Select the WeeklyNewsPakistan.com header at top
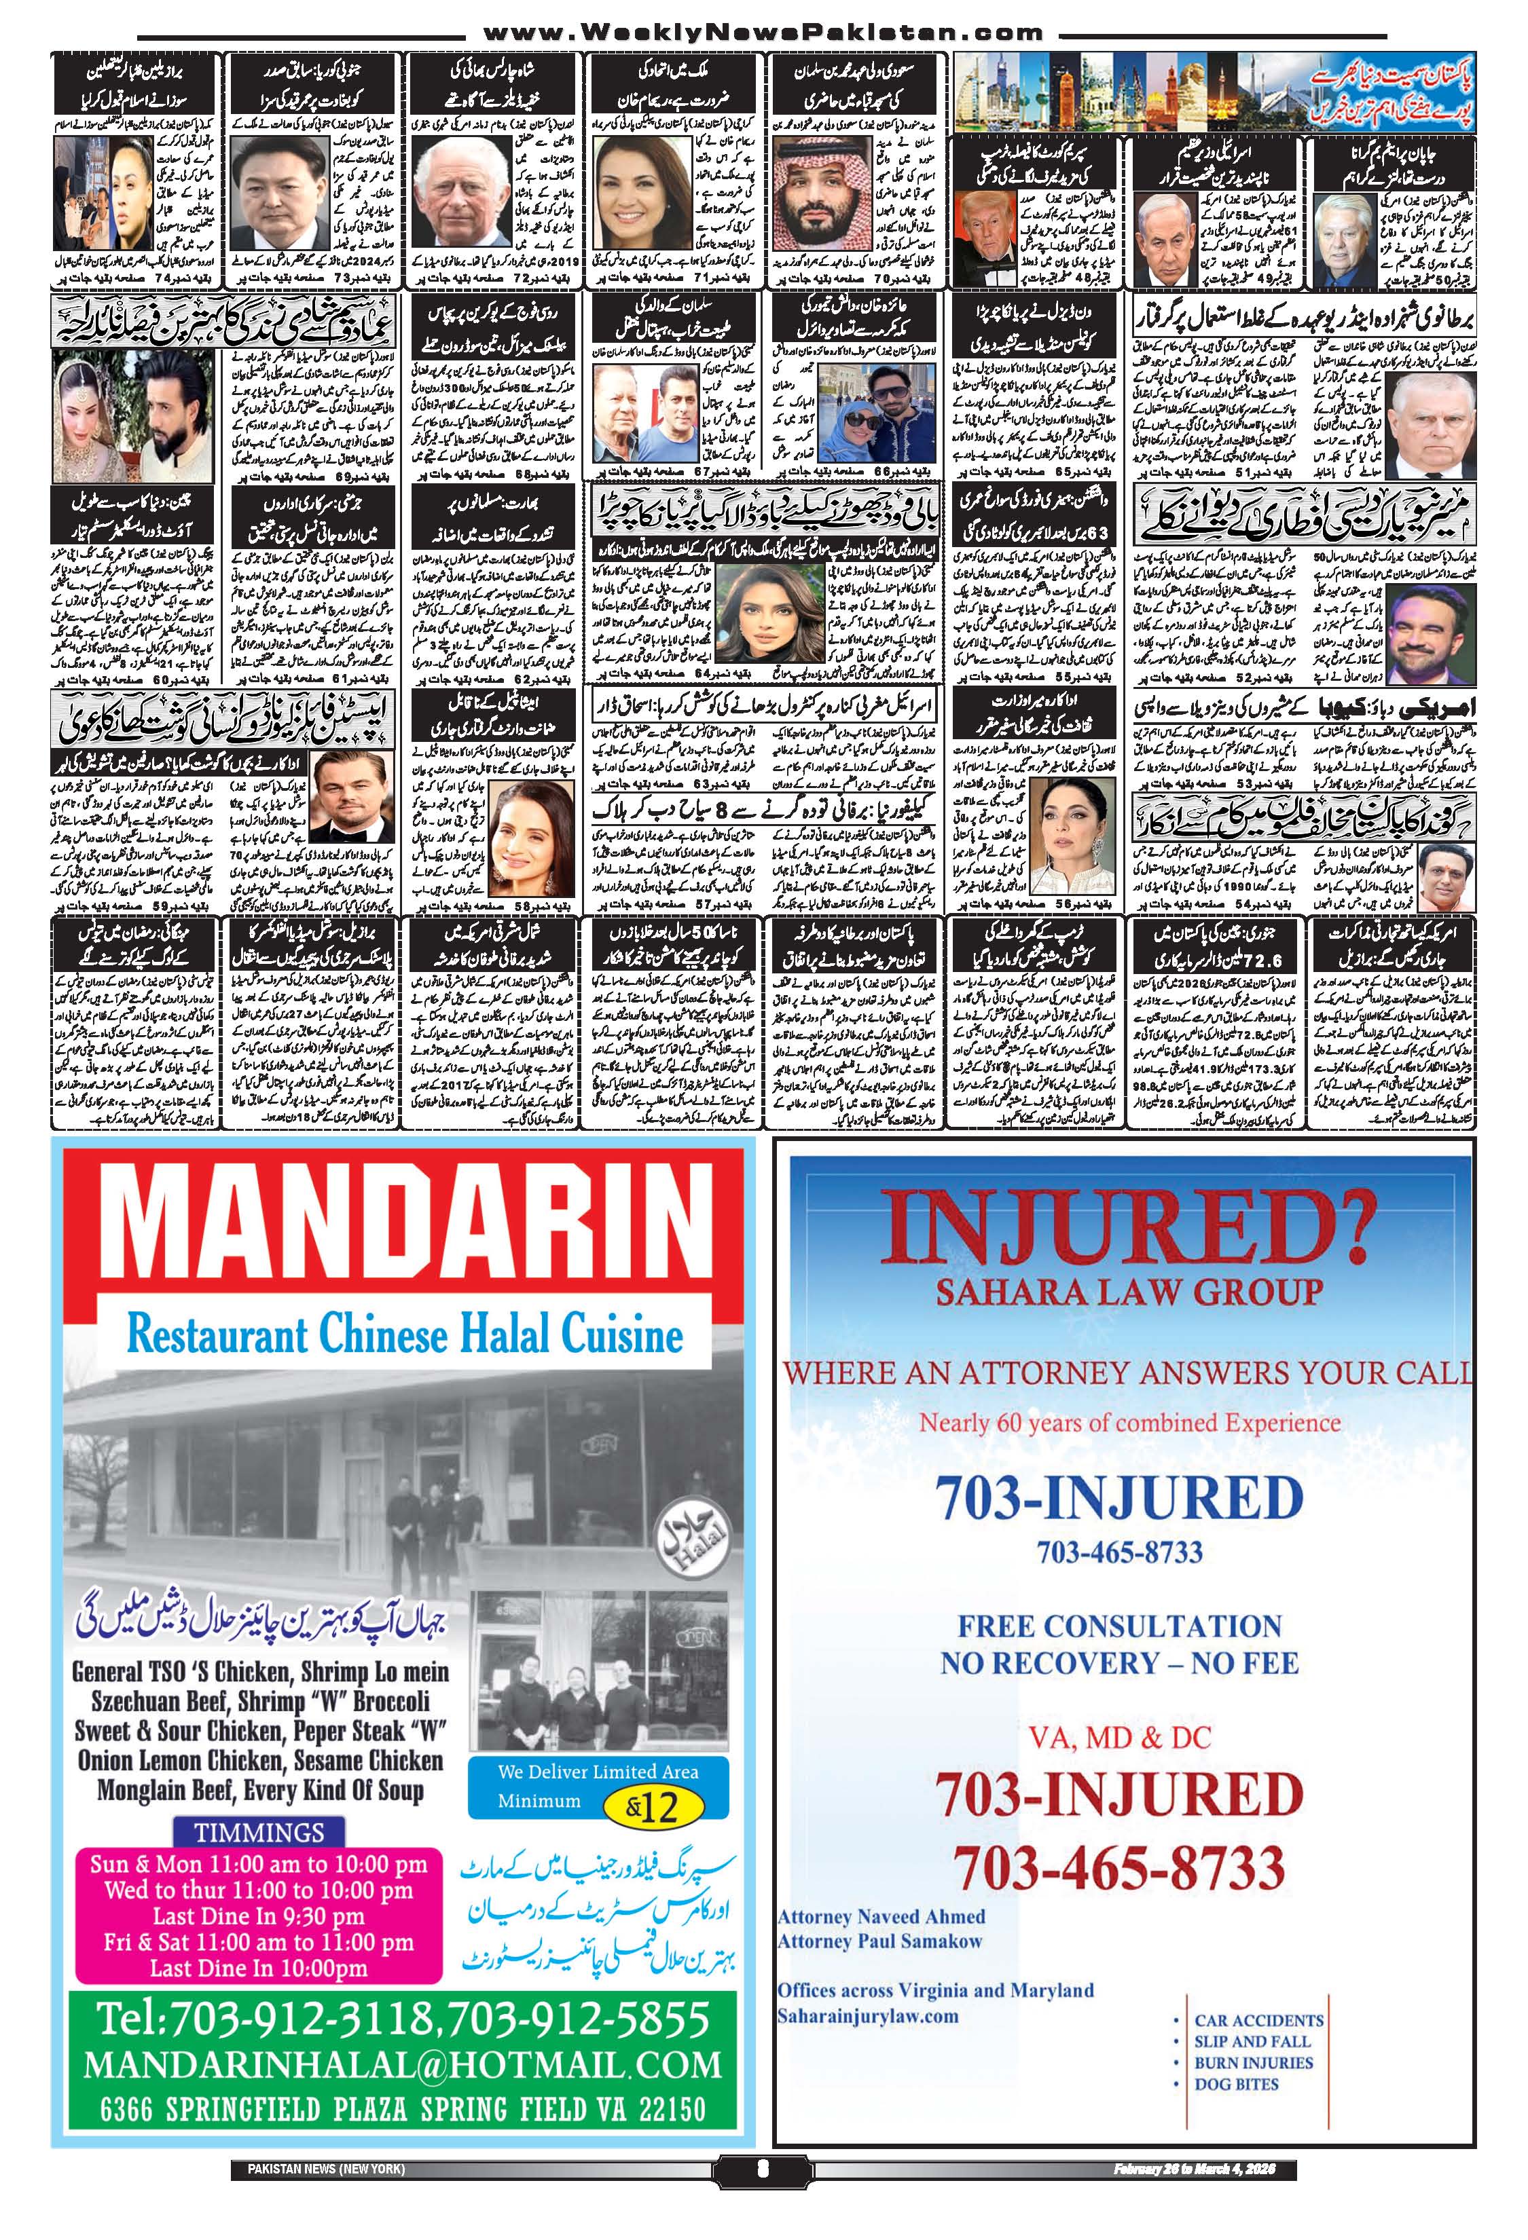(x=763, y=33)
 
